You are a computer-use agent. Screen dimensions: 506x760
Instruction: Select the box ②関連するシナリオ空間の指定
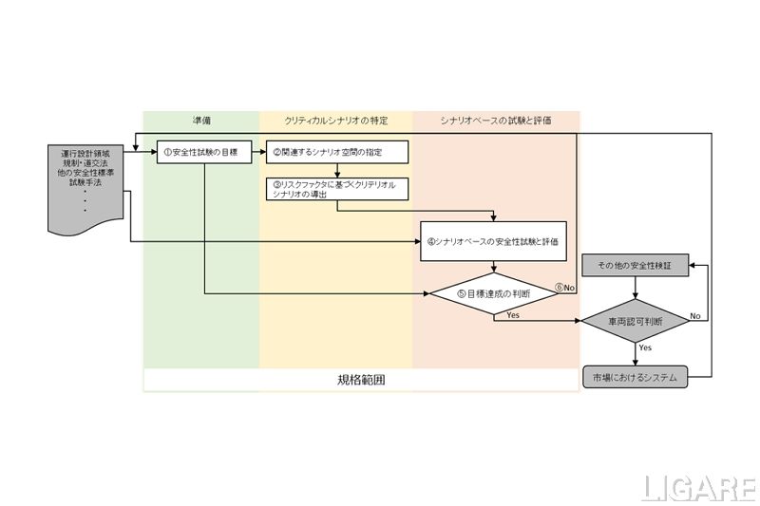(337, 152)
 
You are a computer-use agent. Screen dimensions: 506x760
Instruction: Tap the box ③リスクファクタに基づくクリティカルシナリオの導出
(337, 189)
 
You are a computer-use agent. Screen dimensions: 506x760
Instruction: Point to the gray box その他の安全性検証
(634, 267)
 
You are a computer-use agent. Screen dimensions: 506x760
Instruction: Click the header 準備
(200, 121)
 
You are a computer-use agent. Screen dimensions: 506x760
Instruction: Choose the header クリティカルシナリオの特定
(335, 121)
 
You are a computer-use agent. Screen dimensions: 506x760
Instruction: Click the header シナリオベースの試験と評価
(496, 121)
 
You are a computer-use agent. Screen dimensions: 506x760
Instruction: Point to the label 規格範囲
(361, 380)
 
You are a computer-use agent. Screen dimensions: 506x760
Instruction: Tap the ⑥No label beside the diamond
(565, 287)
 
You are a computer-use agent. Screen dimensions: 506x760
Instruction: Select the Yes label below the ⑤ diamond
(513, 314)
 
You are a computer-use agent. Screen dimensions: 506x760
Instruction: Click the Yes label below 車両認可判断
(645, 347)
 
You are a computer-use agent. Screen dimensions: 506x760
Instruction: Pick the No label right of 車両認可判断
(695, 315)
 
